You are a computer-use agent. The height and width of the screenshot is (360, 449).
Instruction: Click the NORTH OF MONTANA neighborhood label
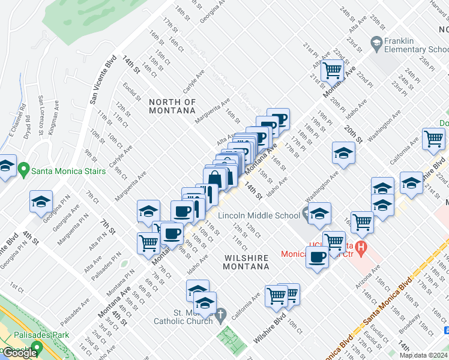pyautogui.click(x=172, y=106)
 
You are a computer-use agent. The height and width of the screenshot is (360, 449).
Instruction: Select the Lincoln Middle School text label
pyautogui.click(x=259, y=215)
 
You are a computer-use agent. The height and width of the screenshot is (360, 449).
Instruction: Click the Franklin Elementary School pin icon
pyautogui.click(x=376, y=43)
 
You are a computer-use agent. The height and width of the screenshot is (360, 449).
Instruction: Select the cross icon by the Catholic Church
pyautogui.click(x=220, y=314)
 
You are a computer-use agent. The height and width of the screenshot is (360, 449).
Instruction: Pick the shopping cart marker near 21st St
pyautogui.click(x=331, y=70)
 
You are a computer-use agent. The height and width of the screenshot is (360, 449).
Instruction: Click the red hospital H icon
pyautogui.click(x=360, y=246)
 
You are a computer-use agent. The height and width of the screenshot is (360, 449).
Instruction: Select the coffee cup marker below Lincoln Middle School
pyautogui.click(x=317, y=258)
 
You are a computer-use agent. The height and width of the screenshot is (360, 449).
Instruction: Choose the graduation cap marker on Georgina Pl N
pyautogui.click(x=41, y=202)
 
